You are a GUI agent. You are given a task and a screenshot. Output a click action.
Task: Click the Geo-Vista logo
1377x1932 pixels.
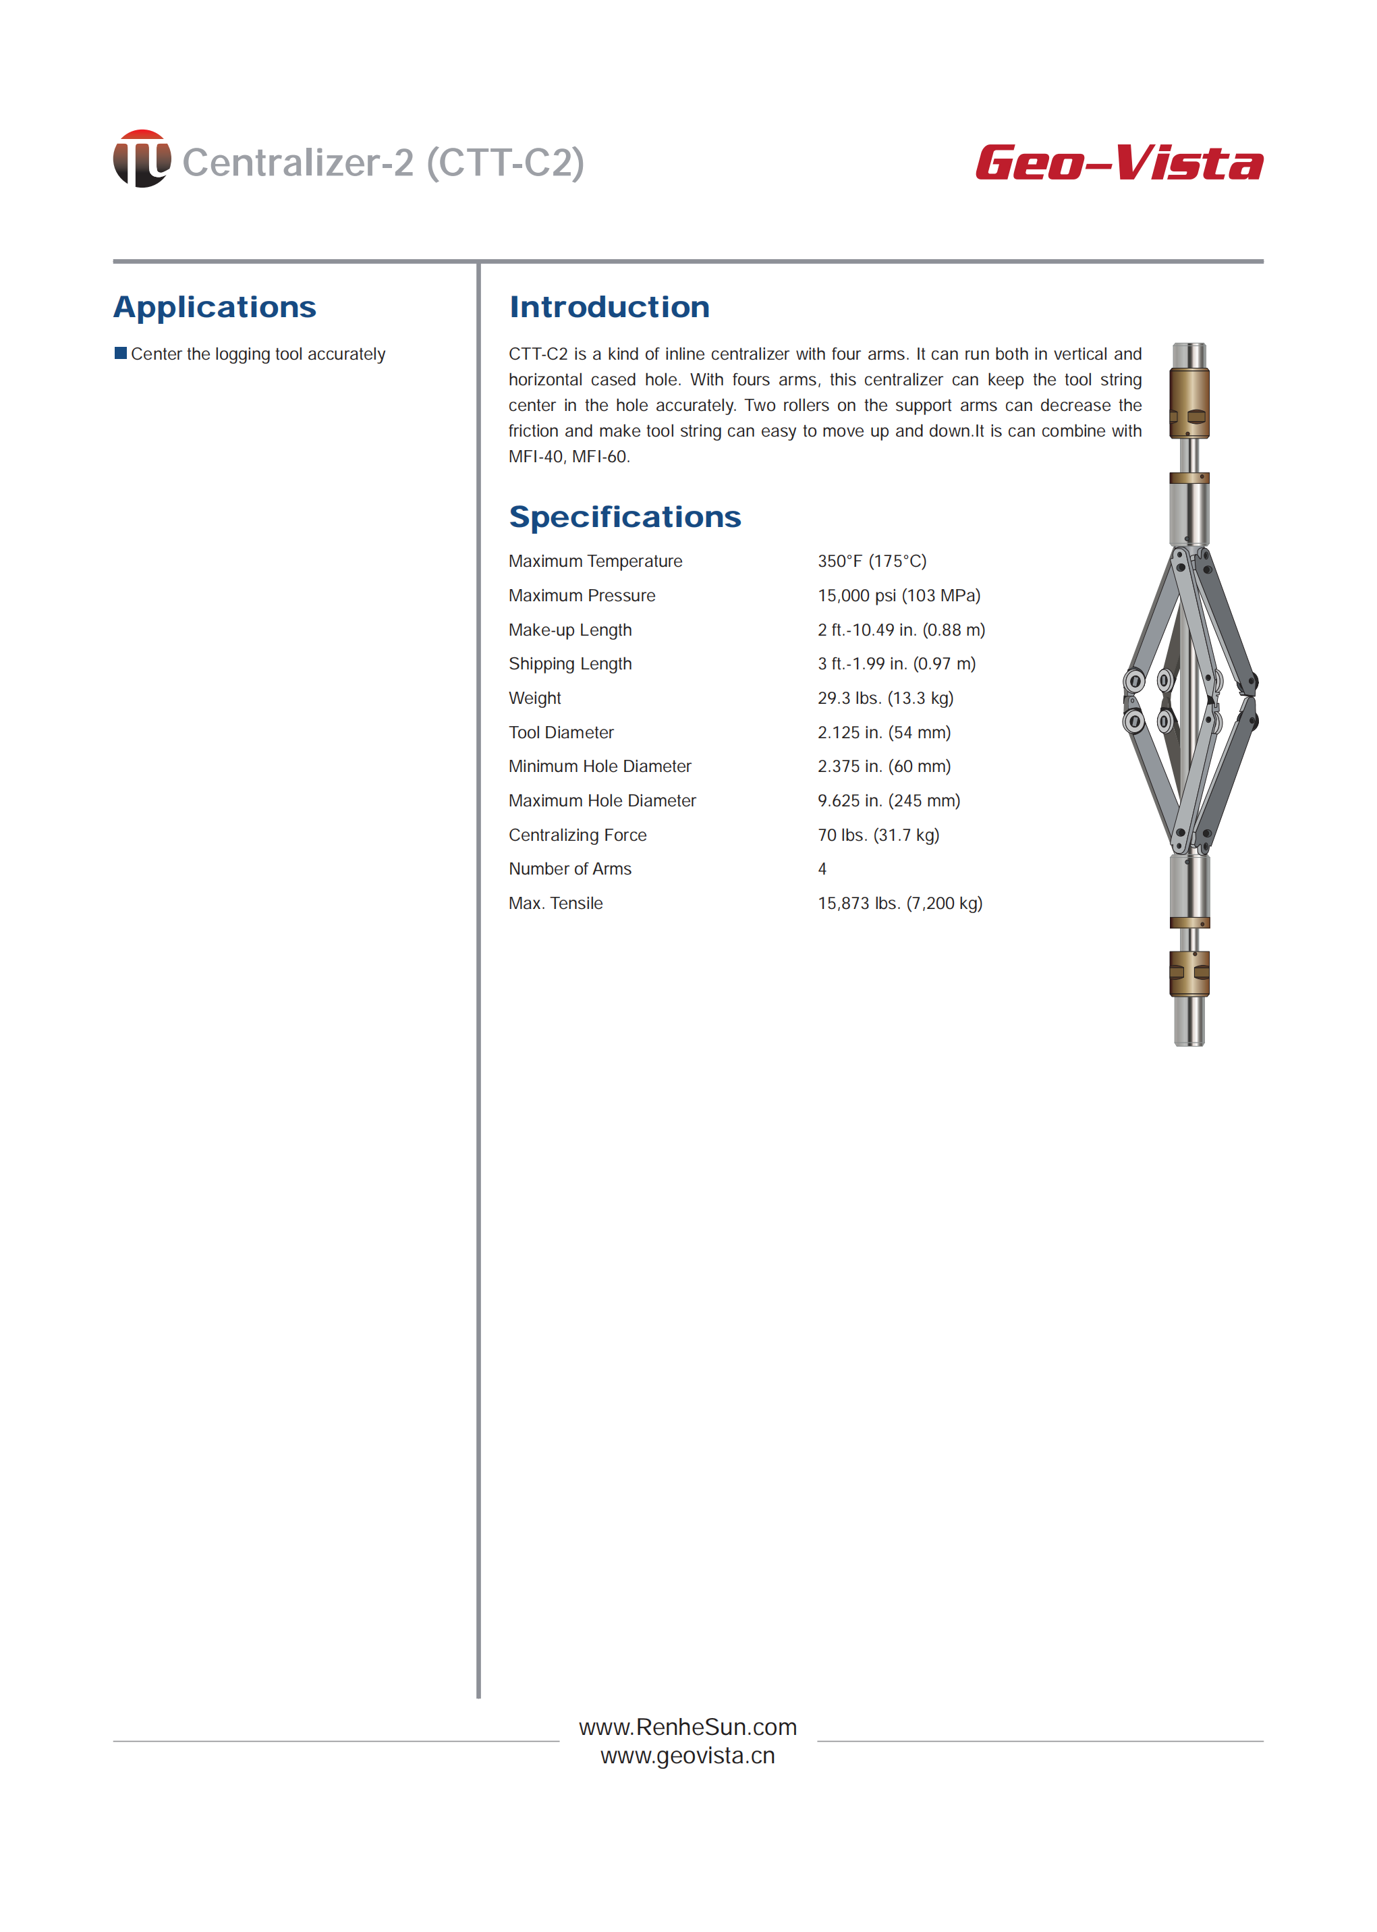tap(1119, 163)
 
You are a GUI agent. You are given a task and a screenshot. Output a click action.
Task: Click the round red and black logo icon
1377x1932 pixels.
tap(142, 159)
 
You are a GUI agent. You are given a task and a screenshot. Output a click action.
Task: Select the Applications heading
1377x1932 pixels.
tap(215, 307)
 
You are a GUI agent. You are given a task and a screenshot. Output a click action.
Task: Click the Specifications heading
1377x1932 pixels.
tap(624, 516)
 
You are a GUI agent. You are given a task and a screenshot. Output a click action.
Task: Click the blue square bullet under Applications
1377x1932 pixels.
tap(120, 353)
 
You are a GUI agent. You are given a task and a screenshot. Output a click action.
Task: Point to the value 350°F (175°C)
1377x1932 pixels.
tap(872, 561)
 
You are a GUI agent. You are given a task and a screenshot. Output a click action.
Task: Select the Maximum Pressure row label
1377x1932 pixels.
tap(582, 595)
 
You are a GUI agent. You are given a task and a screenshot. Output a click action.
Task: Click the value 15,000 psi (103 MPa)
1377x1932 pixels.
tap(899, 595)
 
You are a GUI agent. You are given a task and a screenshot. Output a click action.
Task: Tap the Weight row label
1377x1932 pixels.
tap(534, 698)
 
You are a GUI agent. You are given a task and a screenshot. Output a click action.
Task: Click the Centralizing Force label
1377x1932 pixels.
tap(578, 835)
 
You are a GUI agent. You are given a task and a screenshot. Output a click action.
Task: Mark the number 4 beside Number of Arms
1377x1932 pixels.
tap(822, 869)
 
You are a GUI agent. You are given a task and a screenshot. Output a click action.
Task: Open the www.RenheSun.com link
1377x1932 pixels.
tap(687, 1727)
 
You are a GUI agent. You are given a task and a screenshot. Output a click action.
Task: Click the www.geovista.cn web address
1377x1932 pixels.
tap(687, 1756)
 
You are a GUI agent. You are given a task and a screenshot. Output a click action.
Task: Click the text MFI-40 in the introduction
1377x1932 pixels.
tap(535, 457)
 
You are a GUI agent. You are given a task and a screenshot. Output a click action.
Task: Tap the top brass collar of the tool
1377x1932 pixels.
tap(1189, 403)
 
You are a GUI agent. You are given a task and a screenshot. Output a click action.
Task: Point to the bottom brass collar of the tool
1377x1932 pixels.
tap(1189, 973)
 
